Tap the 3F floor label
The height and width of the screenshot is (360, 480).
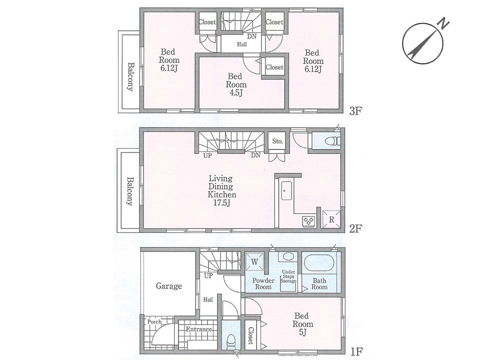tap(355, 111)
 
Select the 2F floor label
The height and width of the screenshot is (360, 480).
tap(355, 228)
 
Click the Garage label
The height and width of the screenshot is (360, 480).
tap(168, 286)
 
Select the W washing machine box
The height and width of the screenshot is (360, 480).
tap(254, 261)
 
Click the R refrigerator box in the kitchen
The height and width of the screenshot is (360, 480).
tap(331, 219)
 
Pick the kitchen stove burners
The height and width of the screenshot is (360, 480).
tap(307, 219)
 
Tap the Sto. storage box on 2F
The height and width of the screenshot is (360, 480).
tap(277, 141)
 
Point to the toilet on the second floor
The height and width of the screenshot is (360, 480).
tap(329, 141)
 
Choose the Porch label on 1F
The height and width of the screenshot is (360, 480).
tap(154, 321)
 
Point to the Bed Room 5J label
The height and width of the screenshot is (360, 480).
tap(301, 320)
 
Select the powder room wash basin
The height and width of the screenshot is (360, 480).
tap(287, 256)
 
